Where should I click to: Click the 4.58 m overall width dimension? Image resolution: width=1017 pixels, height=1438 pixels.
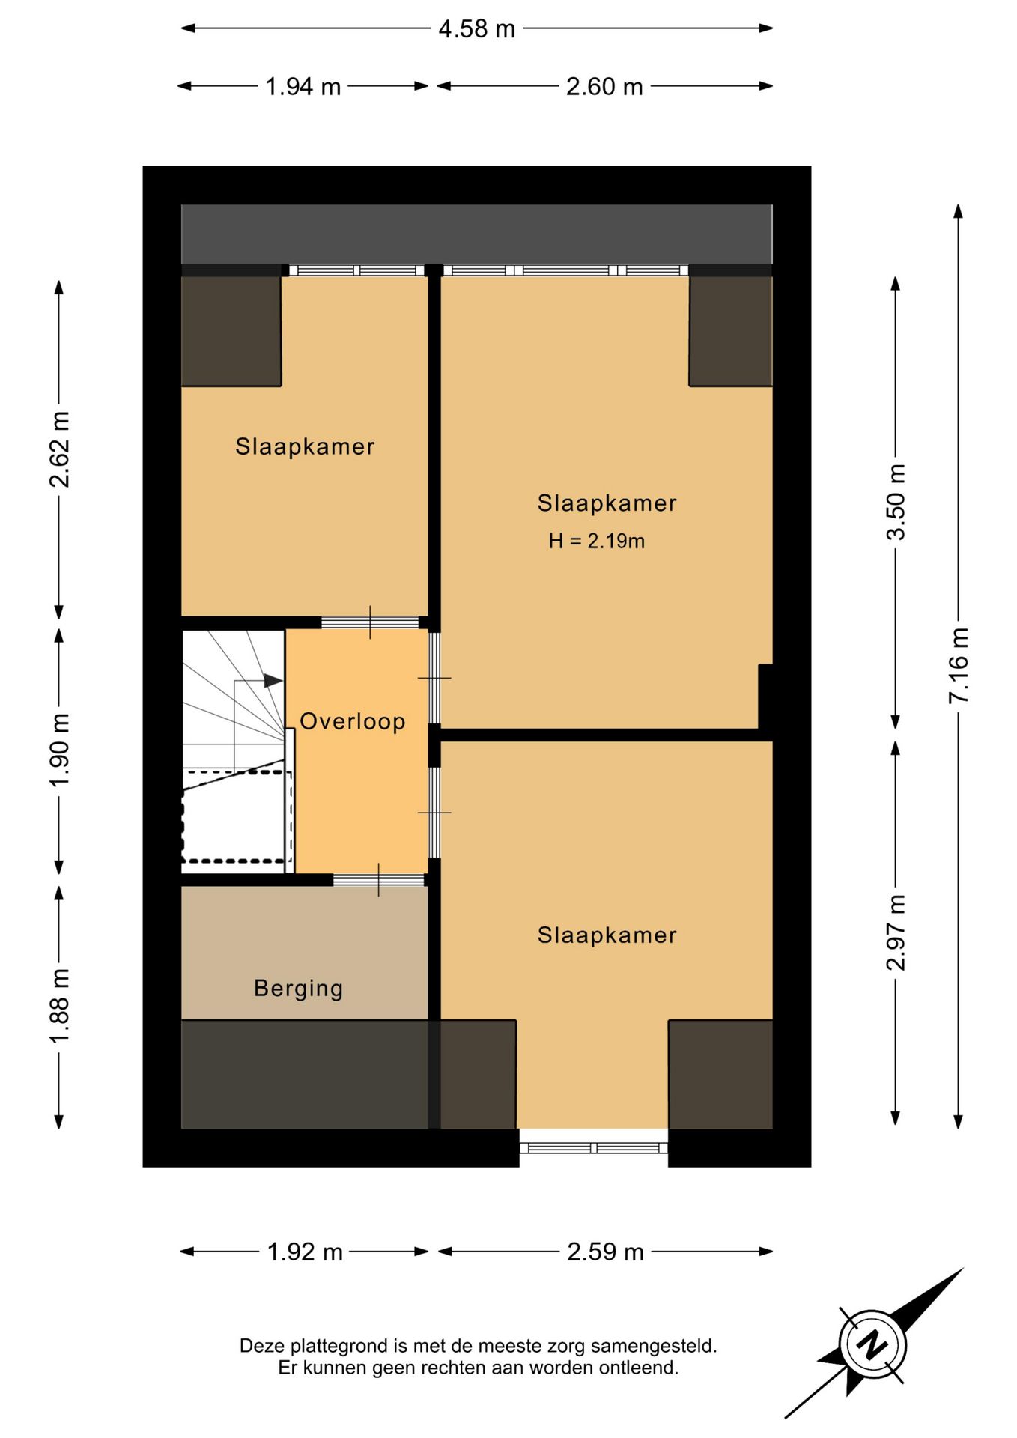[477, 29]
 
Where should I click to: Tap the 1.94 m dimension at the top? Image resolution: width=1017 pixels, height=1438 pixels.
[303, 87]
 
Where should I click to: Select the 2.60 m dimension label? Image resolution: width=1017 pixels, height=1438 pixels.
[604, 87]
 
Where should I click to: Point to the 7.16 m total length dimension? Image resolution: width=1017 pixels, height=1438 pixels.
[959, 665]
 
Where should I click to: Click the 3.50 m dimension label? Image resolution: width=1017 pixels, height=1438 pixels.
[896, 502]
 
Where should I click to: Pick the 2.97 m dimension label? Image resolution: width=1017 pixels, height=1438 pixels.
[896, 932]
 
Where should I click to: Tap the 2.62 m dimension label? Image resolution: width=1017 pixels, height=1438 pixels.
[59, 449]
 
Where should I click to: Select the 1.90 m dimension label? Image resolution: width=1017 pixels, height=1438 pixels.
[59, 749]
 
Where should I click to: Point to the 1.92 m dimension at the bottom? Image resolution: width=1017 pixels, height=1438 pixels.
[305, 1252]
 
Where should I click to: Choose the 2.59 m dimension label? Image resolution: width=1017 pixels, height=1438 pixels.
[605, 1252]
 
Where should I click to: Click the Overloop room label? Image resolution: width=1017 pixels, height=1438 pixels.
[353, 721]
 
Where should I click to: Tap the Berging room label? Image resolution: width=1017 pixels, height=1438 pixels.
[299, 989]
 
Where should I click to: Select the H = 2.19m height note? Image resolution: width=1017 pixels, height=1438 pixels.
[596, 541]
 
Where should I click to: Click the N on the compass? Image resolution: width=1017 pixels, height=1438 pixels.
[872, 1344]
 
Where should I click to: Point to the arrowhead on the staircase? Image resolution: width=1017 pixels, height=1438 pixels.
[273, 681]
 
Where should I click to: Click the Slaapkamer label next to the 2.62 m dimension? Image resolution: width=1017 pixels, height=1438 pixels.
[305, 446]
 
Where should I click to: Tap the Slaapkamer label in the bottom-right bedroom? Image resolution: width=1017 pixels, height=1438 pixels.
[607, 935]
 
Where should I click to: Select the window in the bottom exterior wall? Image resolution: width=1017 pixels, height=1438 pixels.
[593, 1148]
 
